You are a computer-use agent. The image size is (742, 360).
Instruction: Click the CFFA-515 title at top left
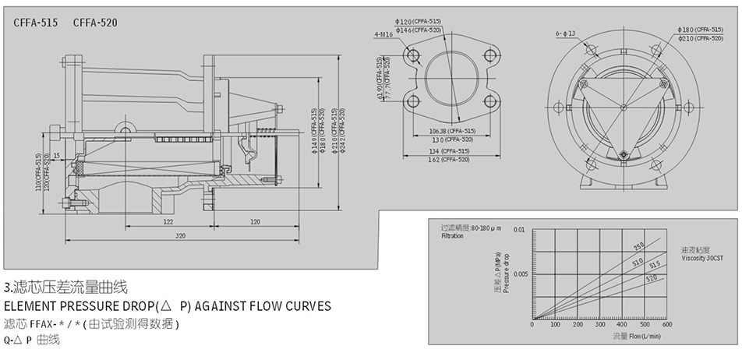[36, 23]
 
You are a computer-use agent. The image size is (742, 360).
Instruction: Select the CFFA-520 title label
[95, 23]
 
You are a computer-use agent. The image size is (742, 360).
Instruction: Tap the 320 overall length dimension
[181, 235]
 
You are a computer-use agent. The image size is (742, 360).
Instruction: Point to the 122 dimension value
[168, 221]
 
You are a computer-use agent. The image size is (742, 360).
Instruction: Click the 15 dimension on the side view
[57, 156]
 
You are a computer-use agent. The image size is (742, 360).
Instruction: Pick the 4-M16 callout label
[383, 34]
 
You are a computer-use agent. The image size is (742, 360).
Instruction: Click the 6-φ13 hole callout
[565, 34]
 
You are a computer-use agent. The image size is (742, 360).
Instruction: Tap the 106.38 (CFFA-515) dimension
[452, 130]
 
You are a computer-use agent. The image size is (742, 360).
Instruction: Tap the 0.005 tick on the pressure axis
[520, 274]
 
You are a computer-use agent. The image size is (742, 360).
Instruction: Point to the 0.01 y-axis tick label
[521, 230]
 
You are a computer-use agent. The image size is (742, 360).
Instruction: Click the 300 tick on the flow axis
[599, 324]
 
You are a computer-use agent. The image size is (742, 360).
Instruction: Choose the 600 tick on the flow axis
[666, 324]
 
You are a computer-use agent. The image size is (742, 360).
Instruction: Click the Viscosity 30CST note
[702, 257]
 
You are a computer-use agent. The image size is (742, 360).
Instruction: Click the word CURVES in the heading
[304, 305]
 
